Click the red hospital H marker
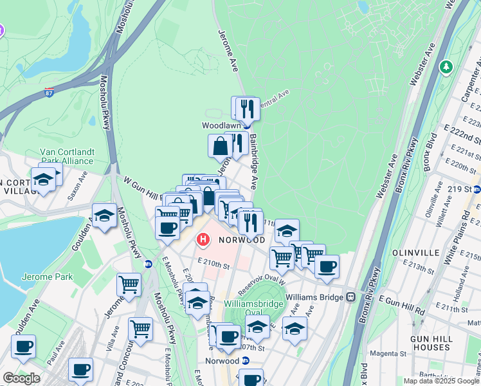pyautogui.click(x=203, y=241)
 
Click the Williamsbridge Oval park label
pyautogui.click(x=253, y=308)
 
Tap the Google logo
pyautogui.click(x=21, y=378)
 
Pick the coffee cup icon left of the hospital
pyautogui.click(x=167, y=228)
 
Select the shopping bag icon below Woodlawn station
pyautogui.click(x=220, y=146)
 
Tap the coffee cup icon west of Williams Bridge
pyautogui.click(x=326, y=266)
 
